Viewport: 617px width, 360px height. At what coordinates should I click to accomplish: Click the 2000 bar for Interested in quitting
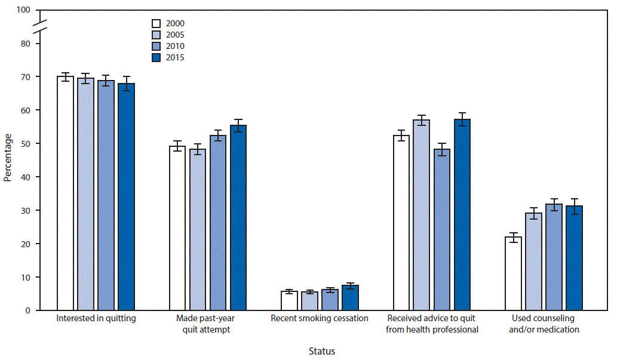(x=65, y=193)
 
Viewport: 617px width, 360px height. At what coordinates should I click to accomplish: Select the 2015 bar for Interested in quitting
(x=126, y=197)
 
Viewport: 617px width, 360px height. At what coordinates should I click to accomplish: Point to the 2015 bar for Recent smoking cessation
(x=350, y=298)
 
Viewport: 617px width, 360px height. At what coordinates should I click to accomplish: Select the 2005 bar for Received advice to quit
(x=422, y=215)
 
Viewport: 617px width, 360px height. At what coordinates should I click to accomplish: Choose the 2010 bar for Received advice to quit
(x=442, y=230)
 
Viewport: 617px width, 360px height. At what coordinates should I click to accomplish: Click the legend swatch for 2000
(x=156, y=24)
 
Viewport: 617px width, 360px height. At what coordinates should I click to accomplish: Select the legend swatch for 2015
(x=156, y=58)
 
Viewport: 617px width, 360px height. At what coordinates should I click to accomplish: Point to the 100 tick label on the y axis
(x=24, y=11)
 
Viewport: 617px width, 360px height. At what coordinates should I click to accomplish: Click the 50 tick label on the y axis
(x=26, y=144)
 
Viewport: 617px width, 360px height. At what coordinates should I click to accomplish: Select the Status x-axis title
(x=321, y=351)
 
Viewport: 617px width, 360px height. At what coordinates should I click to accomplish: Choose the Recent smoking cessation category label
(x=320, y=319)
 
